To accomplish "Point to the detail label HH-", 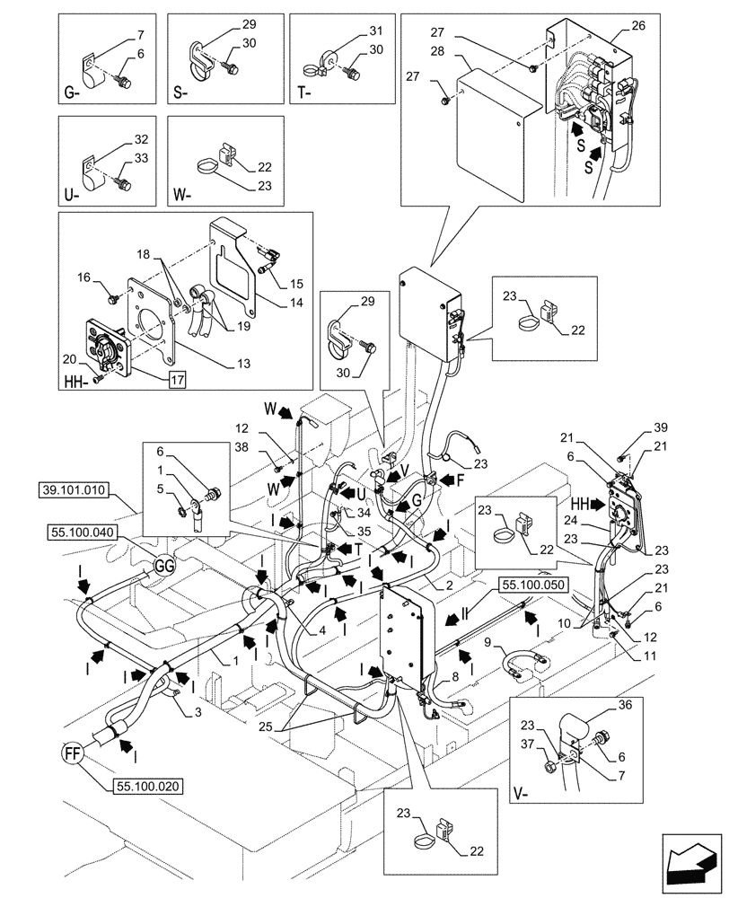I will [77, 383].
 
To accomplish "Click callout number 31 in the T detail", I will [375, 31].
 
